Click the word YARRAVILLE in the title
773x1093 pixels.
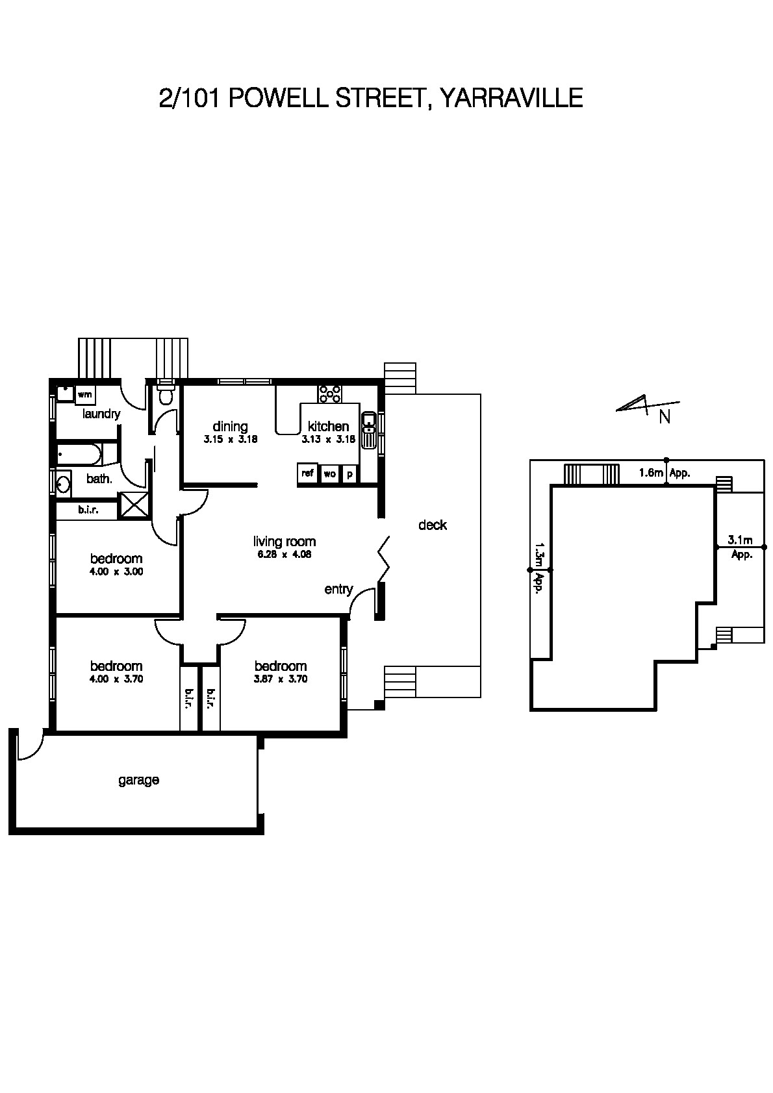point(511,98)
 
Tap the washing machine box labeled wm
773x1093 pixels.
point(84,394)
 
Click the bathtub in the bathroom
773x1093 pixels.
point(79,454)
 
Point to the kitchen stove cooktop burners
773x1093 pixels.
point(330,393)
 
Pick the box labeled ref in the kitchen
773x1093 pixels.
point(307,473)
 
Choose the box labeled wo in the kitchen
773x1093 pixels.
point(329,474)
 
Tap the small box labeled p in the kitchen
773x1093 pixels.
point(349,474)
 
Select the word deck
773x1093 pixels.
point(432,525)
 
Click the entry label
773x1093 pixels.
point(338,589)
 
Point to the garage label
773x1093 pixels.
point(138,780)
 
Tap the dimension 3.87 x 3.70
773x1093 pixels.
point(281,679)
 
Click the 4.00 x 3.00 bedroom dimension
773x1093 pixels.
point(116,572)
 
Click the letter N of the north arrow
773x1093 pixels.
point(665,418)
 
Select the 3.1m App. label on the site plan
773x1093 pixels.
point(741,547)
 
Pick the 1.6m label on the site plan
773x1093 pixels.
point(650,473)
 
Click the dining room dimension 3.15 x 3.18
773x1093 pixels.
point(231,439)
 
